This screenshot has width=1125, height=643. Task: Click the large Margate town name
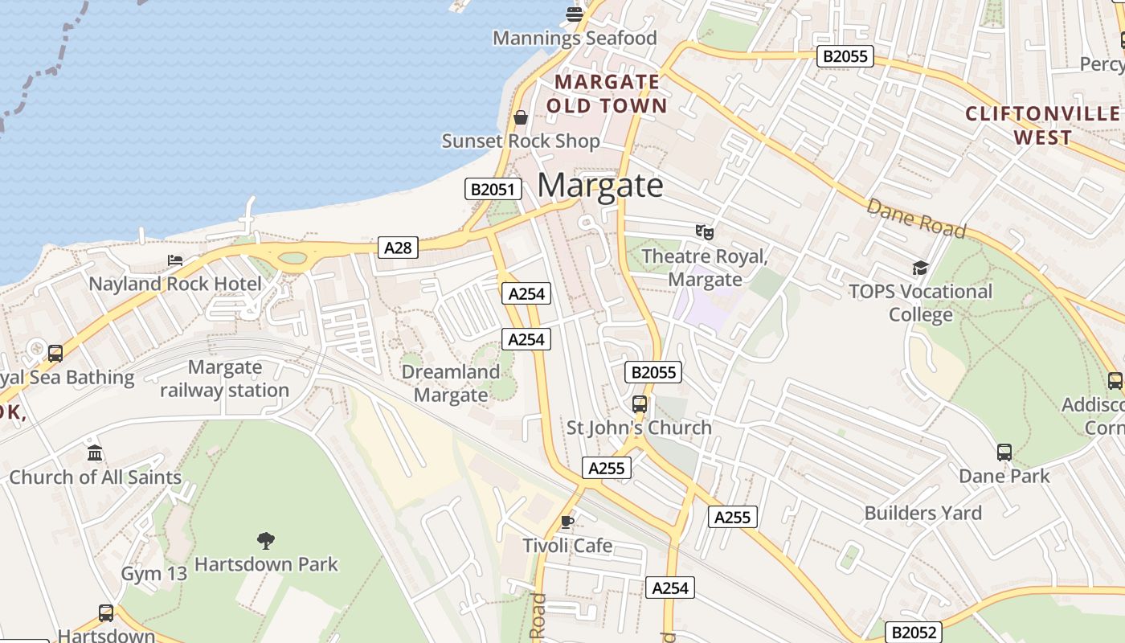coord(600,186)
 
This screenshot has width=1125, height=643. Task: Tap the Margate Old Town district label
coord(607,94)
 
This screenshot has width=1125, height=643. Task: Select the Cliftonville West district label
coord(1042,125)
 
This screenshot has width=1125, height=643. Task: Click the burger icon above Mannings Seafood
coord(574,14)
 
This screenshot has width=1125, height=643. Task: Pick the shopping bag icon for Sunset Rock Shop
coord(521,118)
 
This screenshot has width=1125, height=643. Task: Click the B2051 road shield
coord(493,190)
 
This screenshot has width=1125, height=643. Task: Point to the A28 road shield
coord(398,248)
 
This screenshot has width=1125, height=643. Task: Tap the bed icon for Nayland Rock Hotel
coord(175,260)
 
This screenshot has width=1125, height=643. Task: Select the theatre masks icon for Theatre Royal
coord(705,232)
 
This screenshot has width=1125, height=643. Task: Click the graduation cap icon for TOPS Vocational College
coord(920,268)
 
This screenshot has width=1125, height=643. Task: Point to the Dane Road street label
coord(916,218)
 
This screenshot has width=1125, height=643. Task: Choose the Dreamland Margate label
coord(450,383)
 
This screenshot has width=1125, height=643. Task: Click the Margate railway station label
coord(224,379)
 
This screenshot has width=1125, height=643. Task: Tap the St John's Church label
coord(639,428)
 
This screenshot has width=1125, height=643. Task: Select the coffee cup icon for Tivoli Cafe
coord(567,522)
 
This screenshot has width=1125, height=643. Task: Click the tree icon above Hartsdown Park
coord(266,540)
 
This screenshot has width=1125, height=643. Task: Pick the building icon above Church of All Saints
coord(95,453)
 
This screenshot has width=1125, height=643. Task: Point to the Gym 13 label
coord(154,574)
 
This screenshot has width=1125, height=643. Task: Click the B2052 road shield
coord(914,632)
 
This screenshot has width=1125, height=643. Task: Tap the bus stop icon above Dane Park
coord(1004,453)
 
